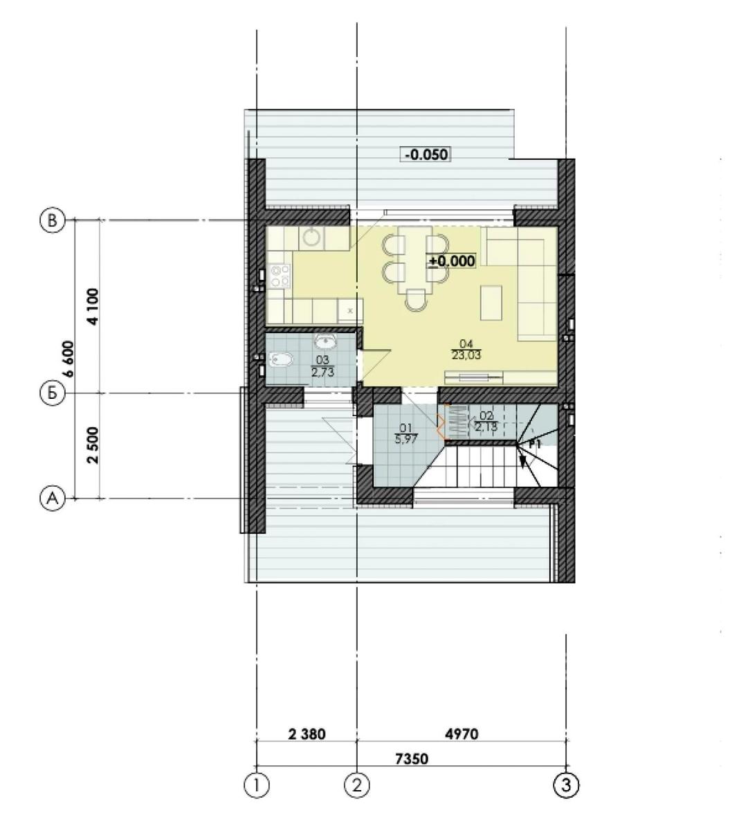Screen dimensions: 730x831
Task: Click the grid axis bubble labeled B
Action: [x=53, y=220]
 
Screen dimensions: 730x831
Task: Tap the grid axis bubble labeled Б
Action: [x=53, y=393]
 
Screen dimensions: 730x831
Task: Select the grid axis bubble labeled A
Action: [x=53, y=499]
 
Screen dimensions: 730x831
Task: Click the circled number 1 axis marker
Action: [x=257, y=786]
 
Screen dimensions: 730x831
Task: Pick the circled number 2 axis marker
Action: [x=356, y=786]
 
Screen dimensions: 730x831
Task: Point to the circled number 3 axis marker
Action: [x=566, y=786]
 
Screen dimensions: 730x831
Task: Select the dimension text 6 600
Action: [x=69, y=359]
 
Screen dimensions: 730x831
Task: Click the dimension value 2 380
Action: [x=307, y=734]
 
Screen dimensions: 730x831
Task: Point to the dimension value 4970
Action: [x=462, y=734]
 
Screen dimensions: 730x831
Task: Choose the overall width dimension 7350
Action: [x=412, y=759]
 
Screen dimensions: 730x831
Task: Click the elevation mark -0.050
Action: [x=426, y=154]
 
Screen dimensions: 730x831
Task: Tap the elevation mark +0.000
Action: [x=451, y=261]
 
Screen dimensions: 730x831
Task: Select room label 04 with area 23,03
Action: [x=466, y=350]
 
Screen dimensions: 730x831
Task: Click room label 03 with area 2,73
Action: [x=322, y=366]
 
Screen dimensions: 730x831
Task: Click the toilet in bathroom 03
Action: [x=280, y=360]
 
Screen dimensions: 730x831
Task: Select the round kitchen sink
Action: [x=311, y=237]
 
